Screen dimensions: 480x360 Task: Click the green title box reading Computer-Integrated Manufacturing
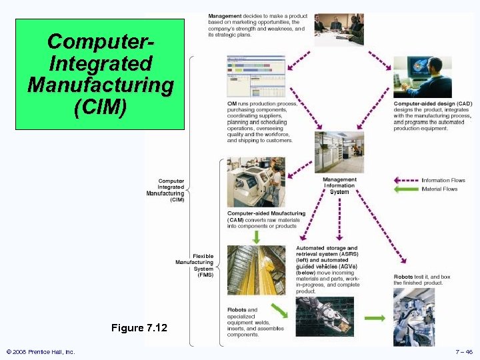[x=100, y=73]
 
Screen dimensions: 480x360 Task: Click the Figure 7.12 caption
[x=139, y=328]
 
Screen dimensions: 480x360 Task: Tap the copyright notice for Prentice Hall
[x=40, y=351]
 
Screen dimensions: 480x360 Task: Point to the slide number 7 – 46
[x=464, y=351]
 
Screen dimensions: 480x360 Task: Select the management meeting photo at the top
[x=339, y=28]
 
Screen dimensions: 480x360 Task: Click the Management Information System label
[x=339, y=186]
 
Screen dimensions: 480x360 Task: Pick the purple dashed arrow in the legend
[x=405, y=180]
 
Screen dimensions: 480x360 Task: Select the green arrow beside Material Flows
[x=405, y=189]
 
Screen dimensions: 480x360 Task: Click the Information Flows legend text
[x=443, y=180]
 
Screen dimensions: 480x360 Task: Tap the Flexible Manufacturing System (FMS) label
[x=195, y=265]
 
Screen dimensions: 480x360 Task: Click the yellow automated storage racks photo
[x=255, y=270]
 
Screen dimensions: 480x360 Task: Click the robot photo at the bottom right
[x=423, y=317]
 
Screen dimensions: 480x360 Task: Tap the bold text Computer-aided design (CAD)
[x=433, y=103]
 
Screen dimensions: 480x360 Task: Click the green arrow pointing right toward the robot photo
[x=375, y=319]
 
